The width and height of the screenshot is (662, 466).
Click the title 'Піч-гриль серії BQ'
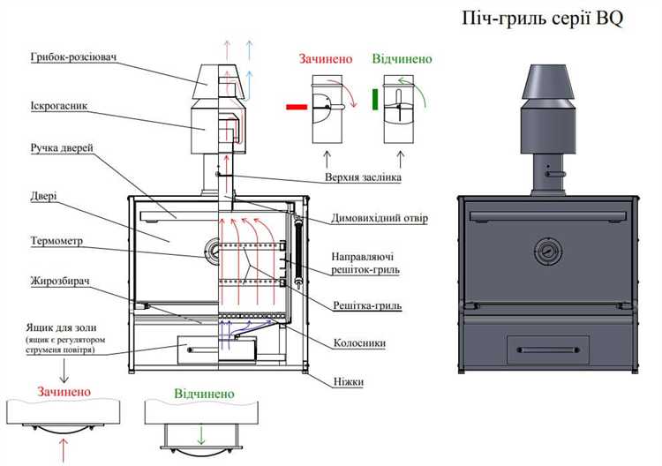click(x=542, y=20)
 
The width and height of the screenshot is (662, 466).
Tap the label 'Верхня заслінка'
click(x=364, y=177)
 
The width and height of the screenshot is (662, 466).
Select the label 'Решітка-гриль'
click(x=367, y=305)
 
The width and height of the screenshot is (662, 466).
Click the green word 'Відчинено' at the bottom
click(x=204, y=392)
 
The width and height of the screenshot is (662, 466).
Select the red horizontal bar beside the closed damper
click(x=297, y=107)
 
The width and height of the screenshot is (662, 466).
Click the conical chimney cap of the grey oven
click(x=545, y=82)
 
